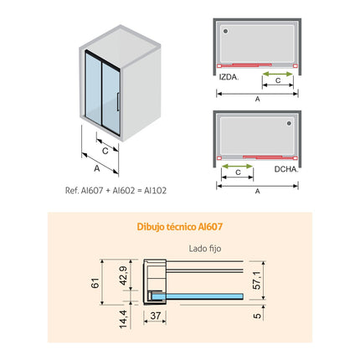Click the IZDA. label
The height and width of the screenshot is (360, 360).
point(229,77)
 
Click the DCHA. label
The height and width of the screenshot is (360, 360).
point(286,169)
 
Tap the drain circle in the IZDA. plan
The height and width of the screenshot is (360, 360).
point(225,31)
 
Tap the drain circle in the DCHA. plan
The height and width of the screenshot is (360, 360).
point(289,123)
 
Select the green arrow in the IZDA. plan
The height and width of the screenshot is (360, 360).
point(278,75)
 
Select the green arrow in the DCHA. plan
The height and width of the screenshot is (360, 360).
point(237,167)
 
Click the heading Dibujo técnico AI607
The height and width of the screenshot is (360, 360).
point(180,227)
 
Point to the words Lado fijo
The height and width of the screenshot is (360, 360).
point(205,249)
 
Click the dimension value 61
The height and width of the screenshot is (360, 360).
point(95,283)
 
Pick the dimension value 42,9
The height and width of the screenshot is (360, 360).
point(123,276)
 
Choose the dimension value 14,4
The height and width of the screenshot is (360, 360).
point(123,319)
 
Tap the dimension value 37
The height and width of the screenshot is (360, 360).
point(156,316)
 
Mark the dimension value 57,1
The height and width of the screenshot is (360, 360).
point(257,280)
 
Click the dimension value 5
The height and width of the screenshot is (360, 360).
point(257,316)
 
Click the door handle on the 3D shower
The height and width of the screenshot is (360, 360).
point(118,101)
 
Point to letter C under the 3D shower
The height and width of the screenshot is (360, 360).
point(105,151)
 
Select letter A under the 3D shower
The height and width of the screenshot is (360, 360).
point(97,168)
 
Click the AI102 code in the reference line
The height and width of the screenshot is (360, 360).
point(155,191)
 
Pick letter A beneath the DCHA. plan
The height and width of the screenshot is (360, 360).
point(258,191)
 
